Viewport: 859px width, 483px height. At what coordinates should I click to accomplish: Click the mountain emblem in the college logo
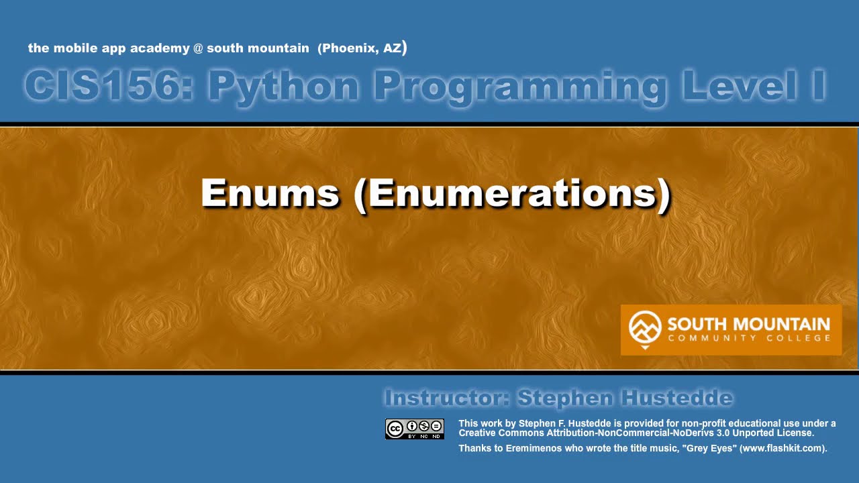(x=644, y=328)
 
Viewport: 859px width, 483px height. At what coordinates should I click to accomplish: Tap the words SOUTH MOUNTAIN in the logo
(x=748, y=325)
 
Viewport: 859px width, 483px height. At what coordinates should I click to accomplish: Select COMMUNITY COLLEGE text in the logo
(x=748, y=338)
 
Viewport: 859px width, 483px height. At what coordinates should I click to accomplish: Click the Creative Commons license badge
(x=414, y=429)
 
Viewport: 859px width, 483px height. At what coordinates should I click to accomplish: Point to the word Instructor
(x=447, y=398)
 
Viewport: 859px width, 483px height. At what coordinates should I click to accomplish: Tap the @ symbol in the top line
(x=198, y=48)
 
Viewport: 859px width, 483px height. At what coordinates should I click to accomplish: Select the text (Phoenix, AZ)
(x=362, y=48)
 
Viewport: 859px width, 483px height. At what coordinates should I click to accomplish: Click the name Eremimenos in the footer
(x=529, y=448)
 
